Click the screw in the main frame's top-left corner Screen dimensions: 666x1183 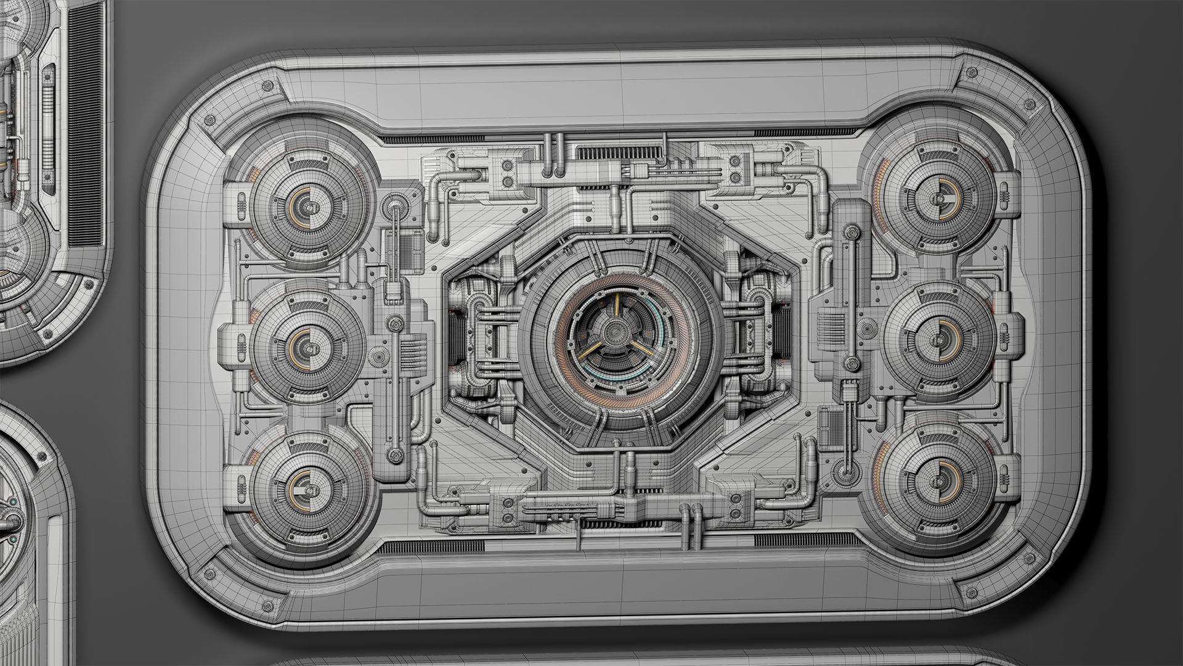coord(267,86)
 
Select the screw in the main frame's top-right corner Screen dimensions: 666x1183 coord(972,73)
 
